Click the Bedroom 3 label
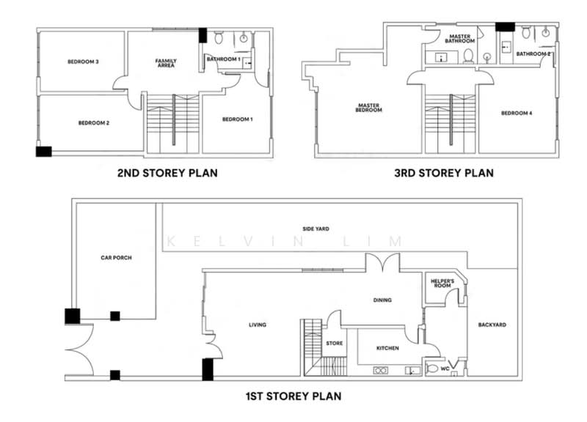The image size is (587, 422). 83,62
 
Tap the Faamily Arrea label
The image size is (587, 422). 166,63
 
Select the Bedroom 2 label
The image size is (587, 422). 94,123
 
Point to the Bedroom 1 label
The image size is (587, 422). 237,119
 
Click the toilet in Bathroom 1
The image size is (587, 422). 219,37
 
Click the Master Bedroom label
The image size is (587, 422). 369,108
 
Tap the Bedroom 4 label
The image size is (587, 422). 517,113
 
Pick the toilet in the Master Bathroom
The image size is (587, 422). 468,56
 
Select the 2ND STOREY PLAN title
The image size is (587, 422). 167,173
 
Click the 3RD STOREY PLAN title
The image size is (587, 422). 444,173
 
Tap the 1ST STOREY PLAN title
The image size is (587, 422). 293,396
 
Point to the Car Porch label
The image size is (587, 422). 116,258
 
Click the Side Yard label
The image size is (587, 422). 316,229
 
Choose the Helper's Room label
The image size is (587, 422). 442,284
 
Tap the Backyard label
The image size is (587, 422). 492,325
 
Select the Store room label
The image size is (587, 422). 335,343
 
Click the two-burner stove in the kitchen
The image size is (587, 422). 380,371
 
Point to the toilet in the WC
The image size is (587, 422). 431,369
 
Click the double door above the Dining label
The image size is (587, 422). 382,262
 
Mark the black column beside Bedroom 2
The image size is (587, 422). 43,152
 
